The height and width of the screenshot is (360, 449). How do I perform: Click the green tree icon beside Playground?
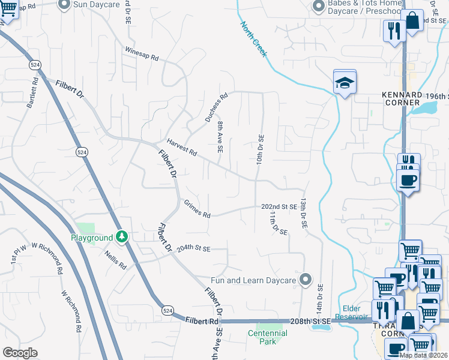pos(122,238)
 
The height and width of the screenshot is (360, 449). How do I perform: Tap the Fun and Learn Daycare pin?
pos(306,280)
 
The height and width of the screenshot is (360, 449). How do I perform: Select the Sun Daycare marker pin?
pos(64,4)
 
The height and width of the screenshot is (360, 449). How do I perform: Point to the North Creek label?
pos(253,40)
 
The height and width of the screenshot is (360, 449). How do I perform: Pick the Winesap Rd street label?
pos(142,54)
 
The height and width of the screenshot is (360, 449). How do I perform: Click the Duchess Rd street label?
pos(217,107)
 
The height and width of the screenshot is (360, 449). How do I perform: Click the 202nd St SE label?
pos(279,206)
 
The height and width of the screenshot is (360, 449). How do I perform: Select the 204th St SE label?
pos(193,248)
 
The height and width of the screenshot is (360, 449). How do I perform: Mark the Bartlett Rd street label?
pos(32,92)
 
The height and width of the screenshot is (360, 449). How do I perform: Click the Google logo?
pos(20,352)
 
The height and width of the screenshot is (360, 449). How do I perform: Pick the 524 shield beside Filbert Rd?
pos(168,310)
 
